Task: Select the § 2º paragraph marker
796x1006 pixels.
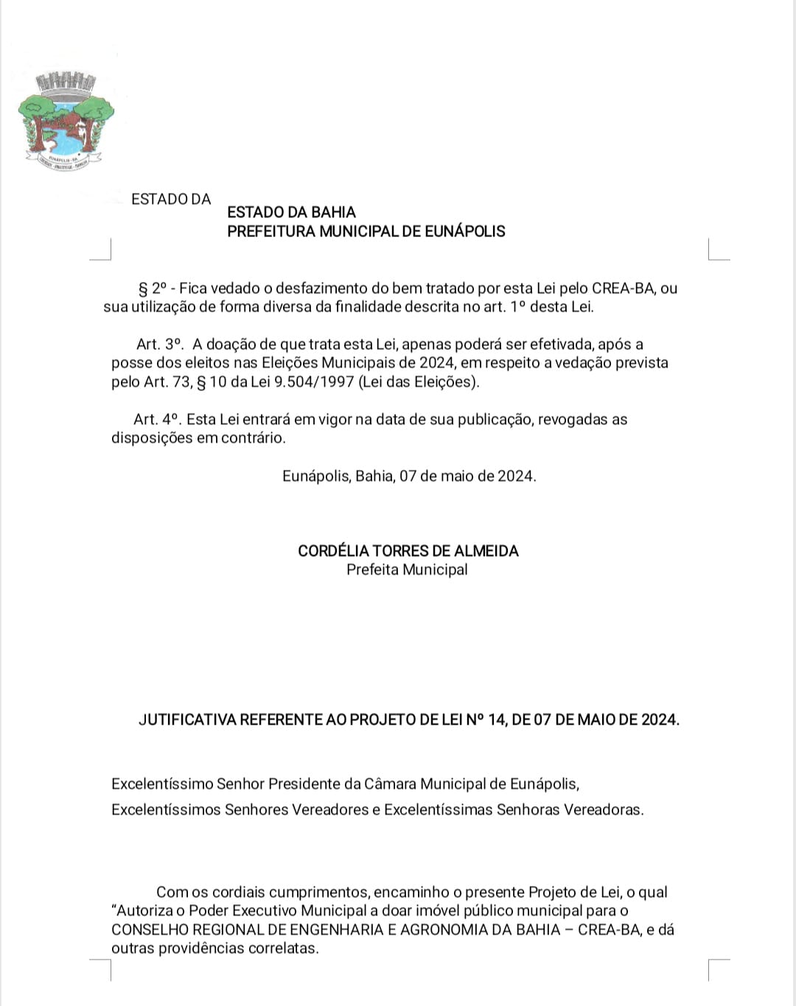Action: (x=153, y=289)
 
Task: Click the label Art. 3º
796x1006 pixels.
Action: (x=158, y=344)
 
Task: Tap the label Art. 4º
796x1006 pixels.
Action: (x=156, y=419)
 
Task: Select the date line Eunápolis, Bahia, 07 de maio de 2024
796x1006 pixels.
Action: (x=409, y=476)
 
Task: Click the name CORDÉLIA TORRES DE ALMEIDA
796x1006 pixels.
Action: (x=408, y=551)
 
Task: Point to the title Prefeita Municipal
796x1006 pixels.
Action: (x=407, y=569)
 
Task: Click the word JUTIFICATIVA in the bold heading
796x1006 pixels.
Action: (x=187, y=720)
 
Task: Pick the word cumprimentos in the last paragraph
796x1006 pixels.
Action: (x=318, y=892)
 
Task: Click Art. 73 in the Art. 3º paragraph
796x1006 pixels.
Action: (x=170, y=381)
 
